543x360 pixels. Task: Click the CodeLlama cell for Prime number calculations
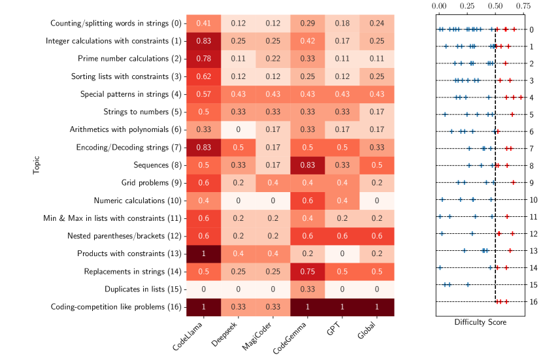point(203,58)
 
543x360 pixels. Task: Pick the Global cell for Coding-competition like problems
point(377,306)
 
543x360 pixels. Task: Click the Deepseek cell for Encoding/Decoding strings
point(238,147)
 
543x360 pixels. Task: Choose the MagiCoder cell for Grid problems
point(272,182)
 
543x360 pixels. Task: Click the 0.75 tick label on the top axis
point(523,6)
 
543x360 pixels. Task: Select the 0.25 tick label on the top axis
point(467,6)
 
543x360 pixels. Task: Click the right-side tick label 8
point(531,165)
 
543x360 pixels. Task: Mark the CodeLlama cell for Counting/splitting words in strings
point(203,23)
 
